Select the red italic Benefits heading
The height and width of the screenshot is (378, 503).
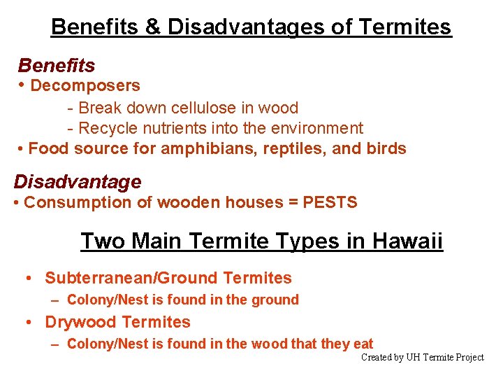tap(57, 66)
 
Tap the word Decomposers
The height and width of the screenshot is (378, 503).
tap(85, 86)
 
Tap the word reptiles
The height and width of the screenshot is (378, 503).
tap(292, 148)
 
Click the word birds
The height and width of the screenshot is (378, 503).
tap(386, 148)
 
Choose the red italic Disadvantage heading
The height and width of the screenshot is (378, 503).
tap(78, 182)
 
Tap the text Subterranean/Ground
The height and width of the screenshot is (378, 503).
tap(131, 278)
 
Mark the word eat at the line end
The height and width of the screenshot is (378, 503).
tap(363, 344)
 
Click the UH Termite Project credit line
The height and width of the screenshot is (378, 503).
tap(422, 357)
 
